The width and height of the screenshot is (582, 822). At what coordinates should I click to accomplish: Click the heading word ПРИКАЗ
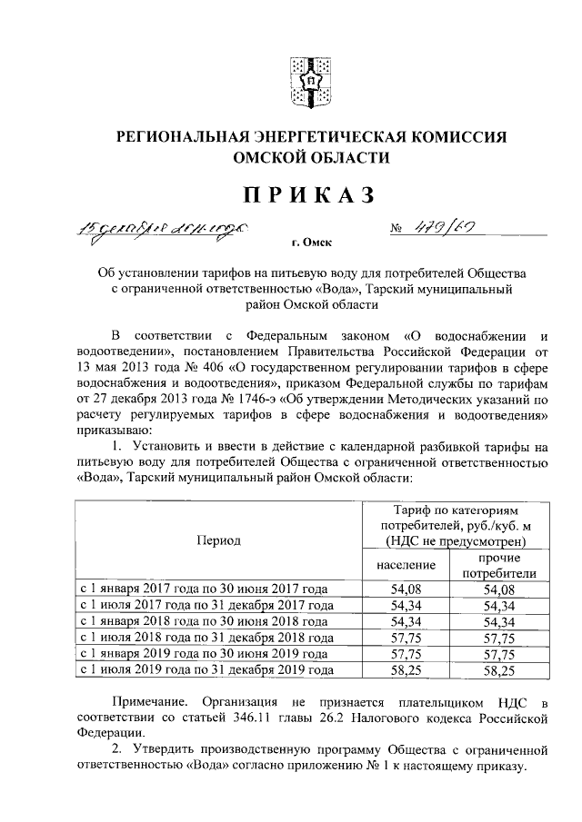coord(307,194)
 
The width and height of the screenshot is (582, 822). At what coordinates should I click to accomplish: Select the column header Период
coord(218,540)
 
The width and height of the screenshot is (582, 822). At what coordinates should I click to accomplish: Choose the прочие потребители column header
coord(499,565)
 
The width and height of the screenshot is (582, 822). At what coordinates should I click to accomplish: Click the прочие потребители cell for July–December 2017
coord(499,605)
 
